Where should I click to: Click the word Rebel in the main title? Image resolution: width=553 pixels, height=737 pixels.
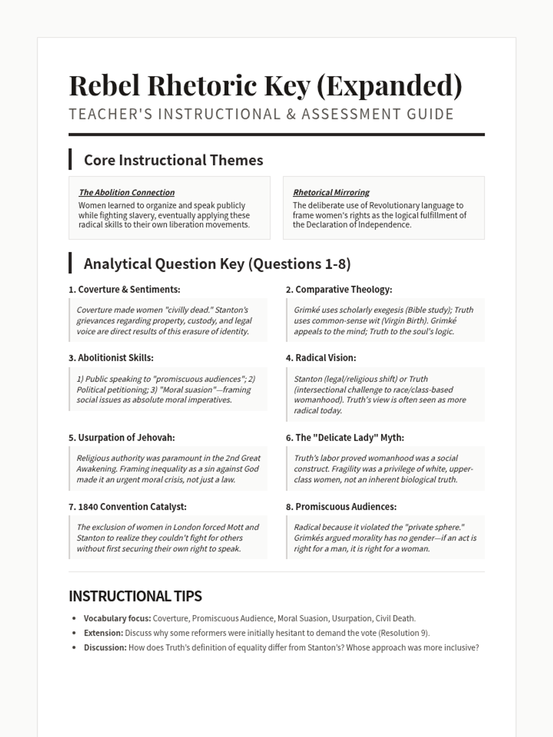105,86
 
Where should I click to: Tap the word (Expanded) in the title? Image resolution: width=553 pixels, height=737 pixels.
389,86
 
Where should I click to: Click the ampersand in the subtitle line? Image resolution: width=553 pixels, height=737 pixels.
291,114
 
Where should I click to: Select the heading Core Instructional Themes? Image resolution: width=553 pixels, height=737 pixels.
173,160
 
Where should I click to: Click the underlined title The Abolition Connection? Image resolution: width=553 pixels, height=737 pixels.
127,193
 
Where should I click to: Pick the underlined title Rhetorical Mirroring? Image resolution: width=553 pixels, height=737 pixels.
331,193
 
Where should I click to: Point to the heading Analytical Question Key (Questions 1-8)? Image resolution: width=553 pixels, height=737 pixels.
217,263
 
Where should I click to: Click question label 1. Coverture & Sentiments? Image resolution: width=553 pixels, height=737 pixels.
124,289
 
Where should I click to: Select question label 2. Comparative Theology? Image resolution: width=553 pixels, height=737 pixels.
339,289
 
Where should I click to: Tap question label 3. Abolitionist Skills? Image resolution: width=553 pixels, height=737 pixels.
111,358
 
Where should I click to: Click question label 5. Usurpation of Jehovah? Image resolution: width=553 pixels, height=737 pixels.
122,438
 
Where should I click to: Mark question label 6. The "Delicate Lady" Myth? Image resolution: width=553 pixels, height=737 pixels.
345,438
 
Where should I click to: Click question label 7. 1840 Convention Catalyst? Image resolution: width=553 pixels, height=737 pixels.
128,507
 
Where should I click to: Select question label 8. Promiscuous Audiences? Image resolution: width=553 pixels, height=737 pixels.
341,507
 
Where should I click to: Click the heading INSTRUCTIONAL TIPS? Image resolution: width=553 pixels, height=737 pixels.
135,596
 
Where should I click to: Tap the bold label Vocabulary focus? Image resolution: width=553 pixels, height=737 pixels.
117,618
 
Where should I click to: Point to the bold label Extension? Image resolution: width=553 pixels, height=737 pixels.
103,633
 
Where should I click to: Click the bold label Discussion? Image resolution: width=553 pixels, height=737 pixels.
105,648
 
